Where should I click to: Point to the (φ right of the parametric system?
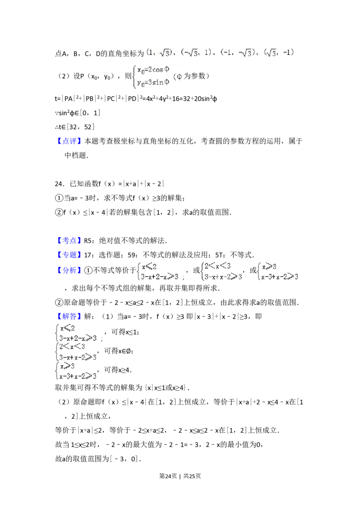pyautogui.click(x=179, y=77)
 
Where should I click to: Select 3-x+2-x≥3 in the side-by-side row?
pyautogui.click(x=160, y=276)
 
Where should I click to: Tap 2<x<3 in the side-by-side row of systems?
pyautogui.click(x=217, y=266)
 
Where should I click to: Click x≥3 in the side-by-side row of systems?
pyautogui.click(x=269, y=266)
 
